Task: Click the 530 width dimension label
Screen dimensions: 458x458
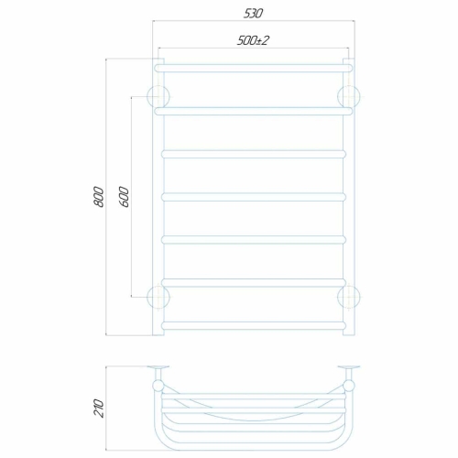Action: pyautogui.click(x=253, y=14)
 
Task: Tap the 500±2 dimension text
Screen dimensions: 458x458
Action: pyautogui.click(x=253, y=40)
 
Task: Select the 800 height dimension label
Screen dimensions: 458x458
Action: pyautogui.click(x=99, y=197)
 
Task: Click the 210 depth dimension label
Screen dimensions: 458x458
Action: pyautogui.click(x=99, y=409)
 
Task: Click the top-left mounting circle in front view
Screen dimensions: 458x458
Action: pyautogui.click(x=158, y=97)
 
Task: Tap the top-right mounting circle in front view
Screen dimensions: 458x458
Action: pyautogui.click(x=349, y=97)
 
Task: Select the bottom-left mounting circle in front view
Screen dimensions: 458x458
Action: pyautogui.click(x=158, y=297)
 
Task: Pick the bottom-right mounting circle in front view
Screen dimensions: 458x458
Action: pyautogui.click(x=349, y=297)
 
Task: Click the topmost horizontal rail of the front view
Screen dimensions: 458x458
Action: pyautogui.click(x=254, y=68)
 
